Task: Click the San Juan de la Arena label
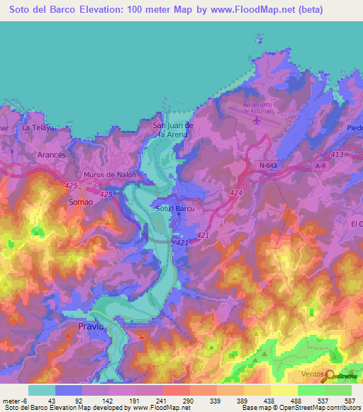pos(168,129)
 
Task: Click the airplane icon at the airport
pos(256,120)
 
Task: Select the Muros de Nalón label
pos(109,175)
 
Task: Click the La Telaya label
pos(38,128)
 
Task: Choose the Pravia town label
pos(91,326)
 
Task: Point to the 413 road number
pos(337,154)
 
